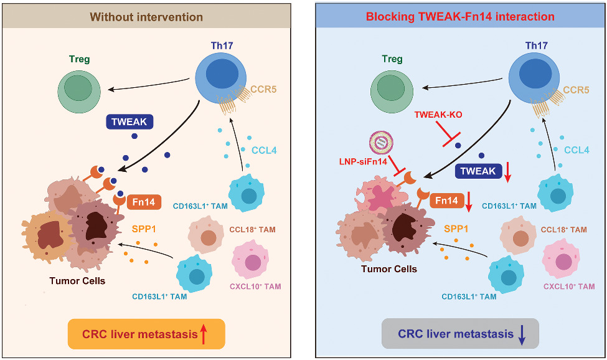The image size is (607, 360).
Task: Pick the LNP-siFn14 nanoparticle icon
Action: (x=379, y=144)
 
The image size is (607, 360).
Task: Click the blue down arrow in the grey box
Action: (x=522, y=335)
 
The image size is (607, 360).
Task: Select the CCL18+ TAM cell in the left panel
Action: (x=209, y=237)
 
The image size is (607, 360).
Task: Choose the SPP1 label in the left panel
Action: (x=143, y=227)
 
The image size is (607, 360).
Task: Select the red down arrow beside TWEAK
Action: (x=507, y=172)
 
